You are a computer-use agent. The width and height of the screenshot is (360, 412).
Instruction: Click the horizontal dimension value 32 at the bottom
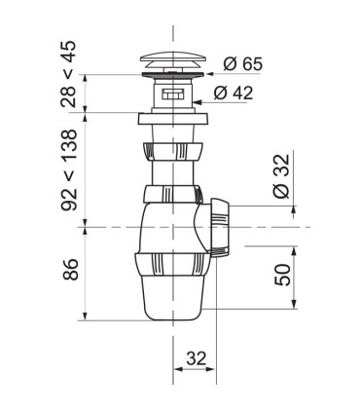(196, 358)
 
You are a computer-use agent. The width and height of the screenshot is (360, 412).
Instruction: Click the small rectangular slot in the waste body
(173, 95)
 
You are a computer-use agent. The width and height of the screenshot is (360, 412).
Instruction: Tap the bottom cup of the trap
(172, 297)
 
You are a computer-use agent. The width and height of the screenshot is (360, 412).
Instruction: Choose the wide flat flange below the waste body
(173, 122)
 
